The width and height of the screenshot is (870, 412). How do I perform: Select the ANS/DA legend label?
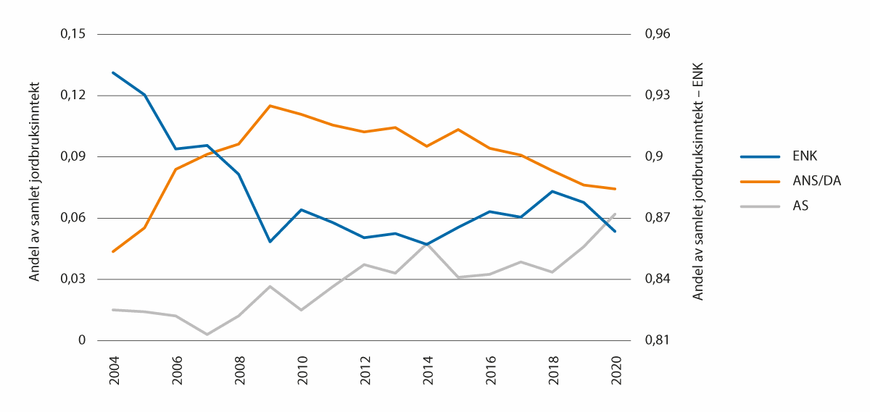(817, 181)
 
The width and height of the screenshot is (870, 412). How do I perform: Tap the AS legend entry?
(801, 206)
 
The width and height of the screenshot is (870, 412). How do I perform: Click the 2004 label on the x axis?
(113, 370)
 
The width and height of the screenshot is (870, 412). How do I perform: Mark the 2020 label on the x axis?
(616, 370)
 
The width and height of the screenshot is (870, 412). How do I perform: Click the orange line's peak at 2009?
(270, 106)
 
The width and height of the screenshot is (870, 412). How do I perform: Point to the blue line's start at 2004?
(113, 72)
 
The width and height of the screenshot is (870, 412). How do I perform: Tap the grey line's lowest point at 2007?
(207, 335)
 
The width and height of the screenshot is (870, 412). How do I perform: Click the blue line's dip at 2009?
(270, 241)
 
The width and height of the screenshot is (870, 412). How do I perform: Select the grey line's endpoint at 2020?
(616, 214)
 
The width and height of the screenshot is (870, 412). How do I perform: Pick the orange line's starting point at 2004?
(113, 251)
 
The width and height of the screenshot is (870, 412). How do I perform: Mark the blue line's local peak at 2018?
(552, 191)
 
